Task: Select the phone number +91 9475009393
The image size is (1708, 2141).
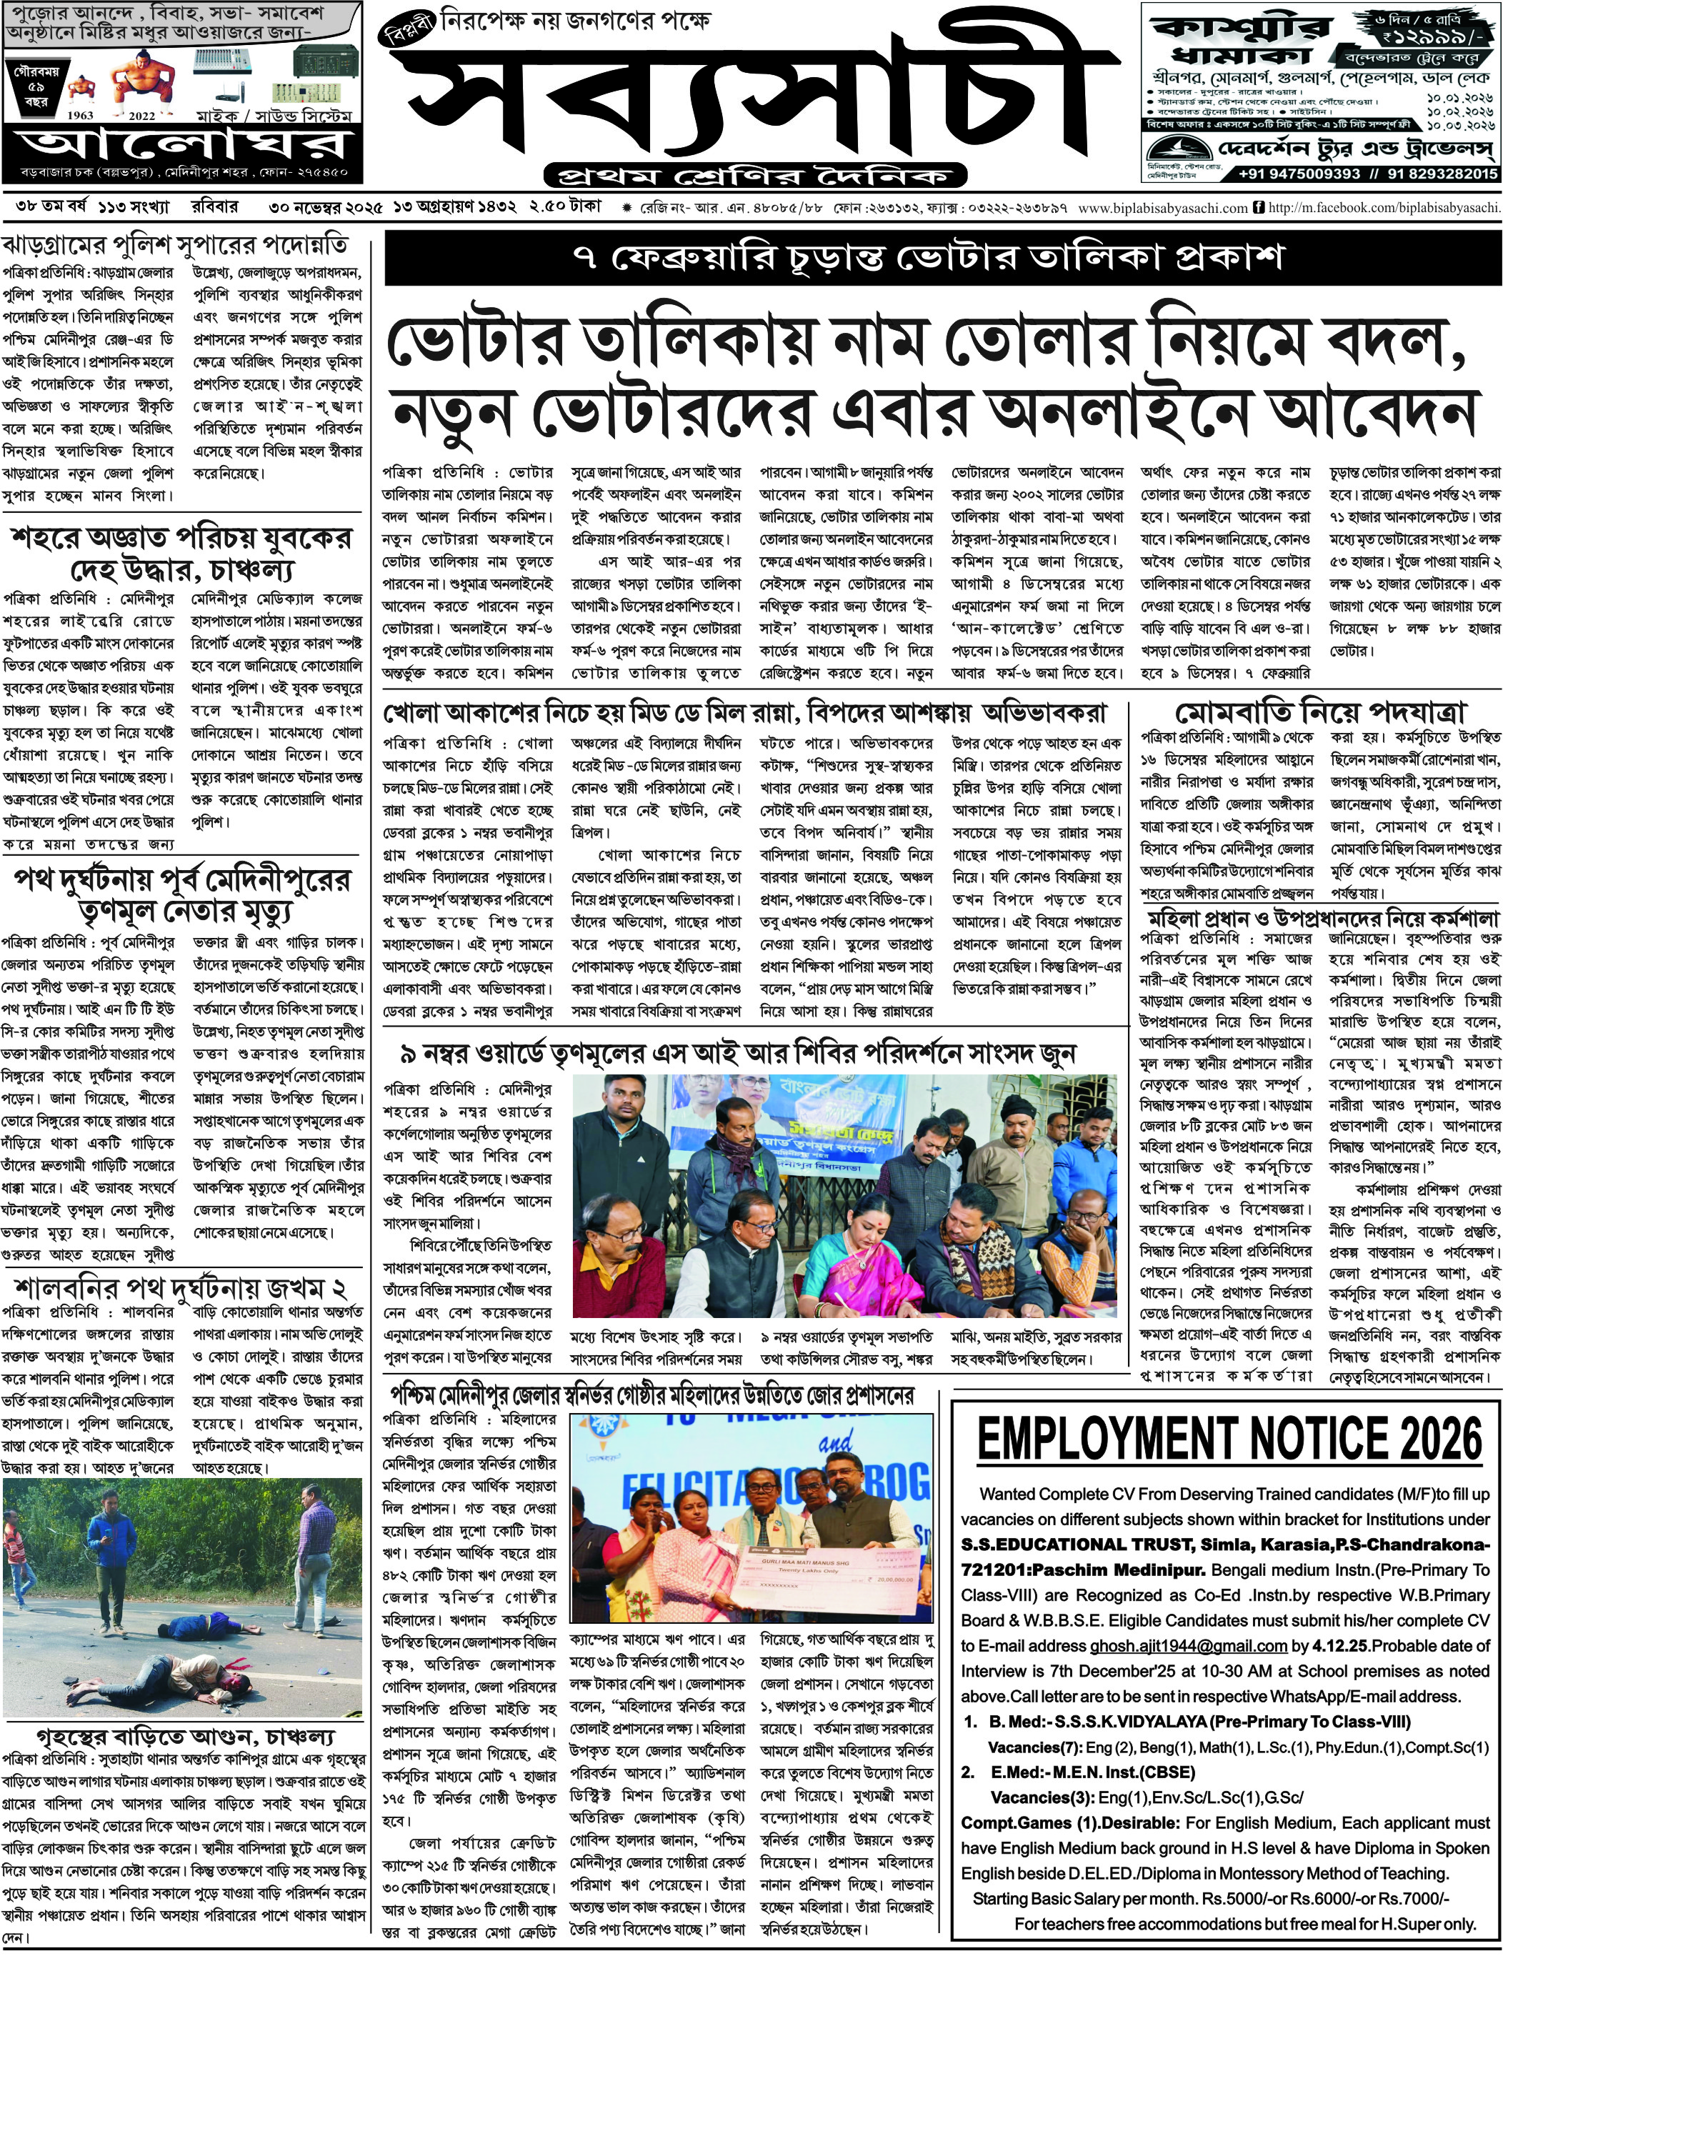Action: click(1299, 174)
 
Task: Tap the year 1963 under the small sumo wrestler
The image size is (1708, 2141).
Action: click(81, 115)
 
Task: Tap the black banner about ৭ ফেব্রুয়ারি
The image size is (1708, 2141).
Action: click(942, 258)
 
